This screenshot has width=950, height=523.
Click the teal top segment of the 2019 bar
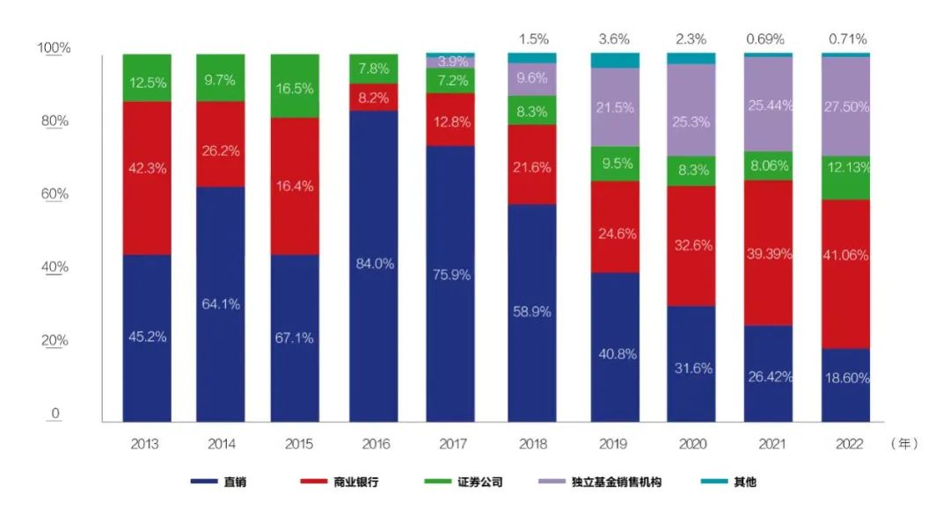[615, 60]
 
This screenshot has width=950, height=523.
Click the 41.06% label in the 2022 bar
[845, 255]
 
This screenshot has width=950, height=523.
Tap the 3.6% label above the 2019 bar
[615, 39]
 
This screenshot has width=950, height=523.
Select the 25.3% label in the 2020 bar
[691, 122]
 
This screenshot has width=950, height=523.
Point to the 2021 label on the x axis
[768, 444]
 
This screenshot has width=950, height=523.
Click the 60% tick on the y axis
[55, 194]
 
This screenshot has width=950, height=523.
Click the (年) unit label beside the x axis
[904, 444]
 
